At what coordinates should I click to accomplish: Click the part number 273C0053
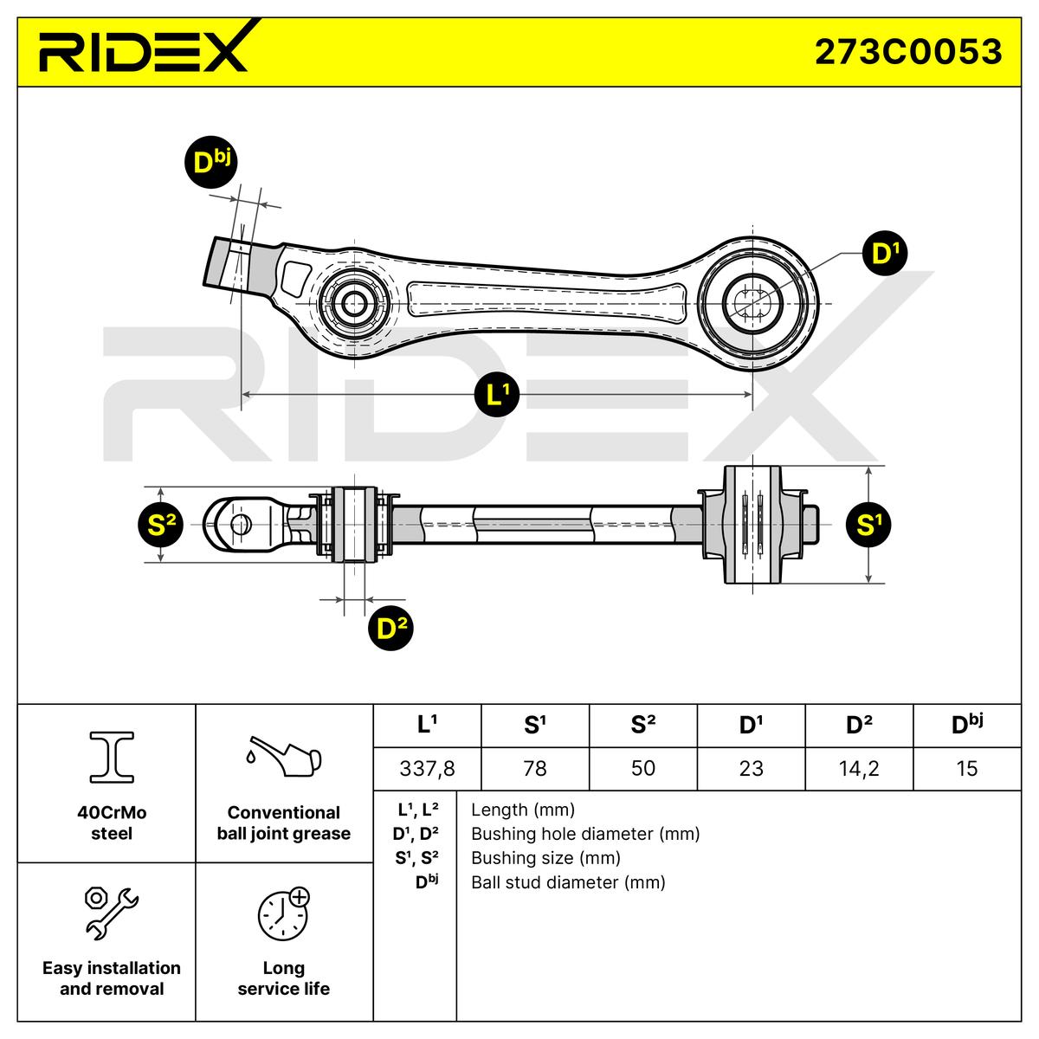click(908, 52)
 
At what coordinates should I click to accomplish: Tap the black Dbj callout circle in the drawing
click(210, 162)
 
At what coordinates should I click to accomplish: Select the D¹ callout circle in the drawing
click(885, 253)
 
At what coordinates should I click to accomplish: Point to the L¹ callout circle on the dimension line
click(497, 394)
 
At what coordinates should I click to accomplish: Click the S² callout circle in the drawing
click(161, 525)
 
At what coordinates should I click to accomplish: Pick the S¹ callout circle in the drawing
click(868, 525)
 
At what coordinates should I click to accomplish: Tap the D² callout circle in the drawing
click(390, 628)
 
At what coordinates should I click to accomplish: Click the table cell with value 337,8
click(427, 768)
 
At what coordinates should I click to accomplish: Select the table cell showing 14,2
click(859, 768)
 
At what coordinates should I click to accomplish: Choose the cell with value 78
click(535, 768)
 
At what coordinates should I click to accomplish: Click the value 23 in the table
click(751, 768)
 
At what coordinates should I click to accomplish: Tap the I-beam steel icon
click(112, 757)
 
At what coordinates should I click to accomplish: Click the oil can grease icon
click(284, 755)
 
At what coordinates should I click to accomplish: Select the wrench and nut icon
click(112, 913)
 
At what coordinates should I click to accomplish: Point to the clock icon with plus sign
click(284, 913)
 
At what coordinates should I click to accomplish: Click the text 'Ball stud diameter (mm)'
click(568, 882)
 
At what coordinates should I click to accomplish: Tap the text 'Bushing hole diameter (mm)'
click(585, 834)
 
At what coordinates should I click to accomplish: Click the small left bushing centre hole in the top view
click(354, 304)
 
